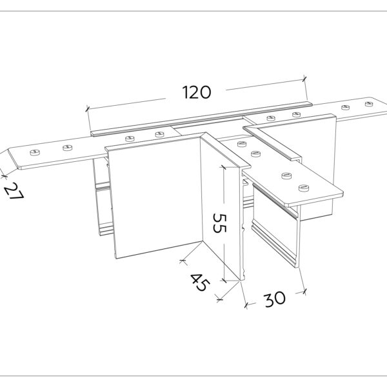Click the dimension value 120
(x=196, y=92)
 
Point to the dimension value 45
(x=200, y=282)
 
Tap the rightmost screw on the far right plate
(x=369, y=103)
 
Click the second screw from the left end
(x=65, y=148)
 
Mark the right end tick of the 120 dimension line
(x=304, y=79)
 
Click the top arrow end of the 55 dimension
(x=223, y=165)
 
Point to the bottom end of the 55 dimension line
(x=223, y=280)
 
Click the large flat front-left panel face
(x=152, y=200)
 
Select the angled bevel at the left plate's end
(x=14, y=159)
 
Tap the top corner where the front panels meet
(x=203, y=134)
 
